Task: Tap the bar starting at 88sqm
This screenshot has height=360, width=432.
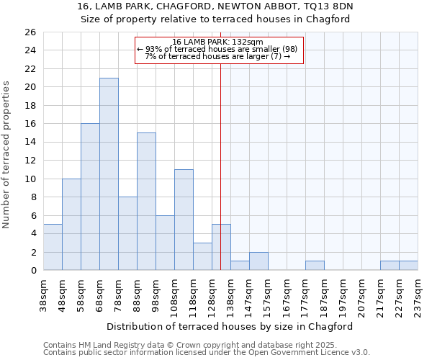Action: pos(146,202)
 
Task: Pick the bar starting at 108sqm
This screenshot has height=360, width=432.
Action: pos(184,220)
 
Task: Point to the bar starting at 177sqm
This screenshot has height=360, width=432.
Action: pos(315,266)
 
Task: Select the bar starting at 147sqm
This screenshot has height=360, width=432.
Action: pos(258,261)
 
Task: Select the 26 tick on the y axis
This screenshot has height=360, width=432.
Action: pos(30,32)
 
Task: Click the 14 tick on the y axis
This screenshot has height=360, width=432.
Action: pos(30,143)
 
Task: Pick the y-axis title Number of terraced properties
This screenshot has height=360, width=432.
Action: pos(7,155)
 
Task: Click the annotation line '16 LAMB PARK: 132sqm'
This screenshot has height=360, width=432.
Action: pos(219,42)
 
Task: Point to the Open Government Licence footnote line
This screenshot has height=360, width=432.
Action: pos(207,352)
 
